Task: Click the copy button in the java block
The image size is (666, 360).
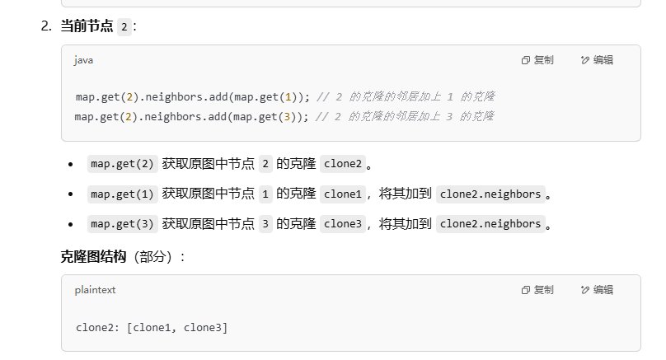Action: point(537,60)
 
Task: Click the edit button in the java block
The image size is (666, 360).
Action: point(597,60)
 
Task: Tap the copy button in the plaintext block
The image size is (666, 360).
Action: point(537,290)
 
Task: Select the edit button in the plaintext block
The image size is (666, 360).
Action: point(597,290)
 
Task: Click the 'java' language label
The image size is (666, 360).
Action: point(83,60)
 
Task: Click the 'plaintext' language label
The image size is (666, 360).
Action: point(96,290)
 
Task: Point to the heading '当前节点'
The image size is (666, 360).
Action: point(87,26)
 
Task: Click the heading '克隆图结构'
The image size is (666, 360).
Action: point(93,256)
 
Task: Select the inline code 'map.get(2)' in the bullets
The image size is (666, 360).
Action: point(123,163)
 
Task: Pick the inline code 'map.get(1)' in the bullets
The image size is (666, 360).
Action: point(123,194)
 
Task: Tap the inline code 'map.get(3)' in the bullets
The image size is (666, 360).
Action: point(123,224)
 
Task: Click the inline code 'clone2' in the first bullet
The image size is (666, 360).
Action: point(343,163)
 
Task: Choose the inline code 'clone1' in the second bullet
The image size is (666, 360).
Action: point(343,194)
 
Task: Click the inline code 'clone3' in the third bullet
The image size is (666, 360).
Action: point(343,224)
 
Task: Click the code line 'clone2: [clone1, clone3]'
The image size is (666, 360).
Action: point(152,328)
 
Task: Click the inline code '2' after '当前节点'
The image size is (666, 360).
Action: point(124,26)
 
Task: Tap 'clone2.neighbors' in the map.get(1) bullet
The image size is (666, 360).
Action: point(490,194)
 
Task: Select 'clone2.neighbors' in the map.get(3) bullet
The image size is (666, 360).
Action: point(490,224)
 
